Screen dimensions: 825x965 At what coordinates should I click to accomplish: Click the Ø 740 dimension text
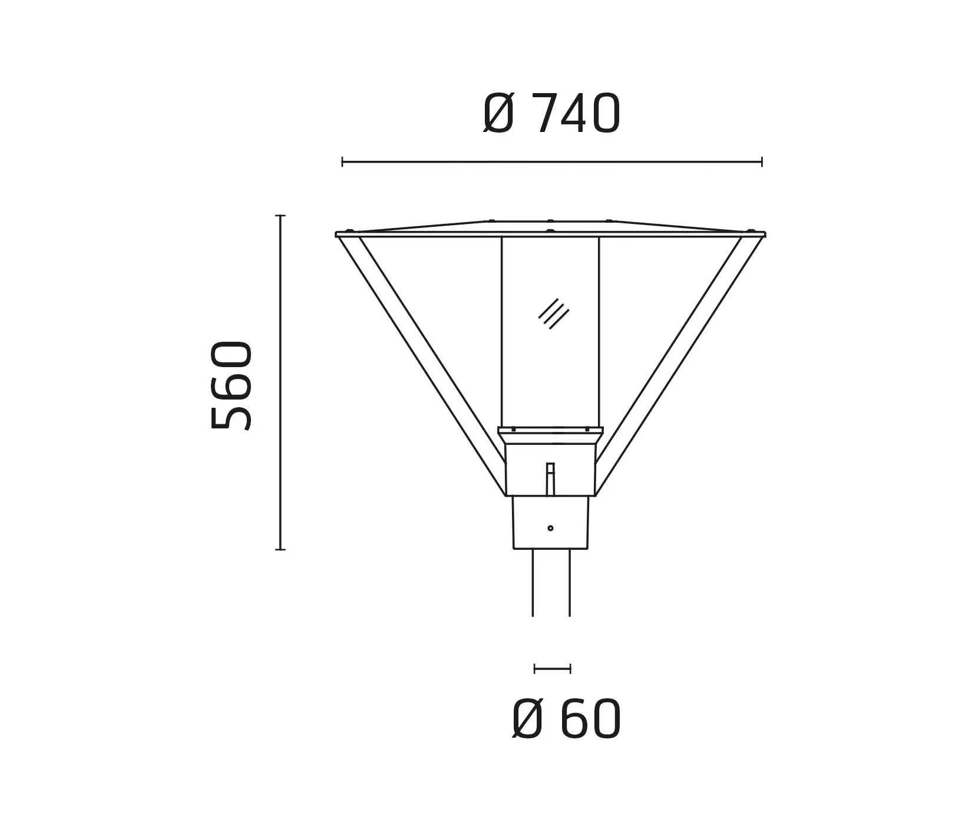point(552,114)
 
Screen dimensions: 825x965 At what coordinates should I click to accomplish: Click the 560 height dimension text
point(232,385)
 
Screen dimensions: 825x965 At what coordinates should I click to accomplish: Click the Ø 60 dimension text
point(567,720)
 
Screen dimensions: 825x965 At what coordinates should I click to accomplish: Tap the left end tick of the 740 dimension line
point(342,161)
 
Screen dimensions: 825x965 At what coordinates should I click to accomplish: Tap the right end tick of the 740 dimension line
point(762,161)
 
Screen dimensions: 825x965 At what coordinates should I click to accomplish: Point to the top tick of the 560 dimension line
point(280,216)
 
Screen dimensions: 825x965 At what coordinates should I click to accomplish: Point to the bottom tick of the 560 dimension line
point(280,549)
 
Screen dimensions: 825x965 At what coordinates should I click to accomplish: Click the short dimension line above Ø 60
point(552,668)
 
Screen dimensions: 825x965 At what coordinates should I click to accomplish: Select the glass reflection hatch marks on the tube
point(554,313)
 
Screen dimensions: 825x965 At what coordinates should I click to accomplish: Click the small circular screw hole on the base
point(550,528)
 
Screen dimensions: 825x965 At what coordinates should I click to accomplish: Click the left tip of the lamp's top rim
point(337,235)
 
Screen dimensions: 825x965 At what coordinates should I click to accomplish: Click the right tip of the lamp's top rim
point(764,235)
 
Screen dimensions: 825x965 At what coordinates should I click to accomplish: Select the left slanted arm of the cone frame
point(421,365)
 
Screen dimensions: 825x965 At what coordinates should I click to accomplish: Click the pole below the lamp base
point(551,583)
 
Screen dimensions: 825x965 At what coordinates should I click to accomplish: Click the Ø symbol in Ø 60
point(527,720)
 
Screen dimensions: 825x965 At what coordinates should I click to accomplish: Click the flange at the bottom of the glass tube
point(550,431)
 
